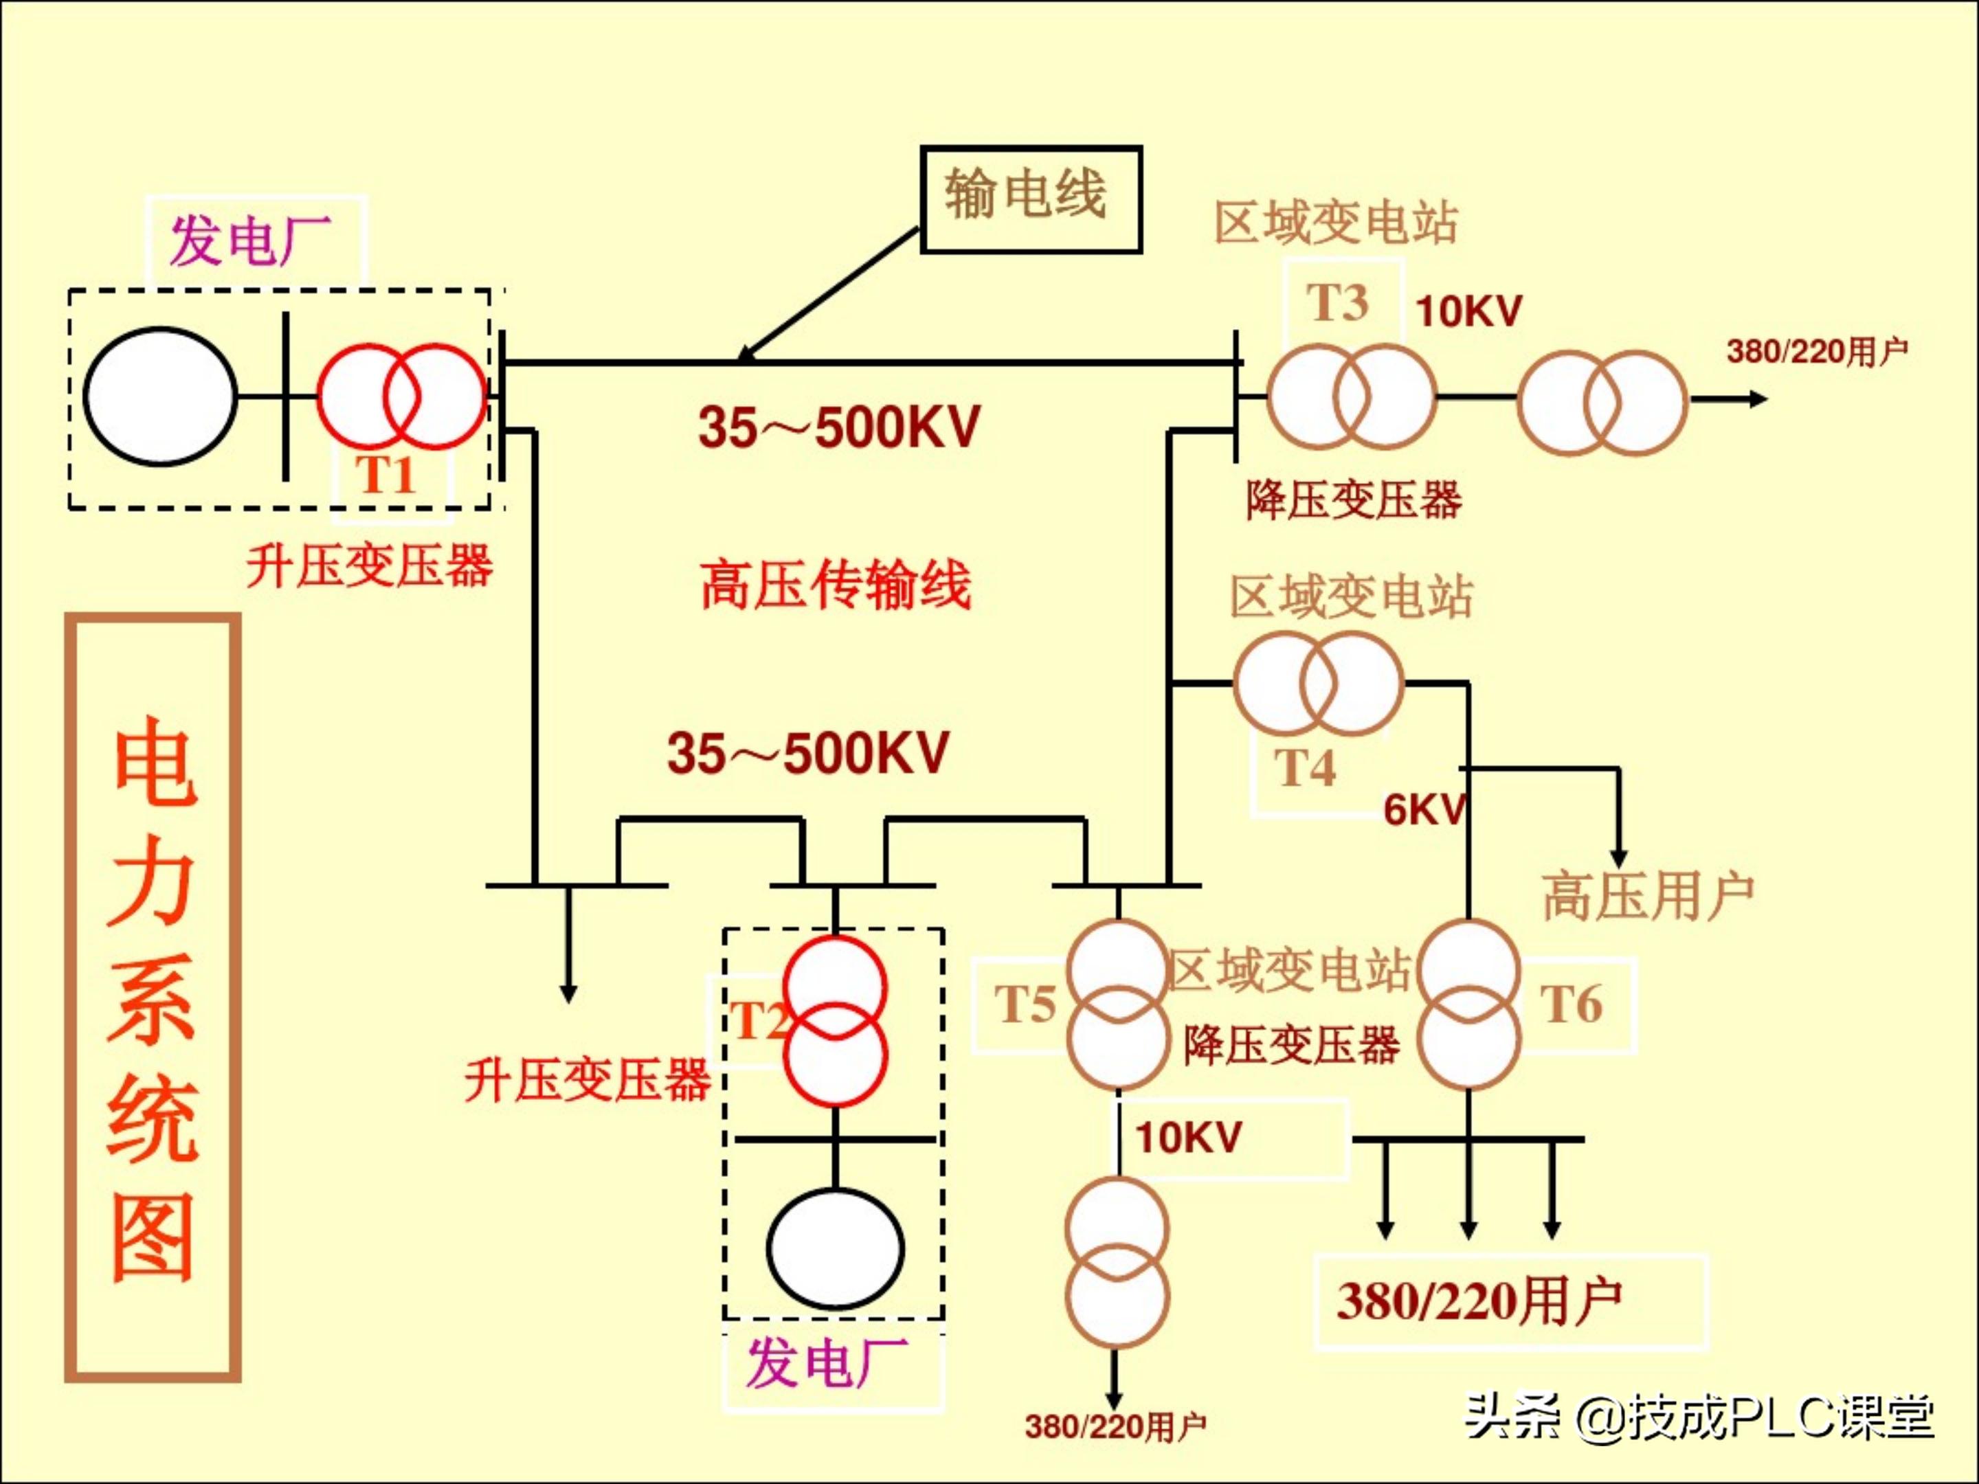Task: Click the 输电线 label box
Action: [1031, 199]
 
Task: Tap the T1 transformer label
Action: [386, 474]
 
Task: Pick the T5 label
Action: [1025, 1004]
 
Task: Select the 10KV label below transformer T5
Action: [1189, 1138]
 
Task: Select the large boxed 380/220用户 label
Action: [1478, 1301]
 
